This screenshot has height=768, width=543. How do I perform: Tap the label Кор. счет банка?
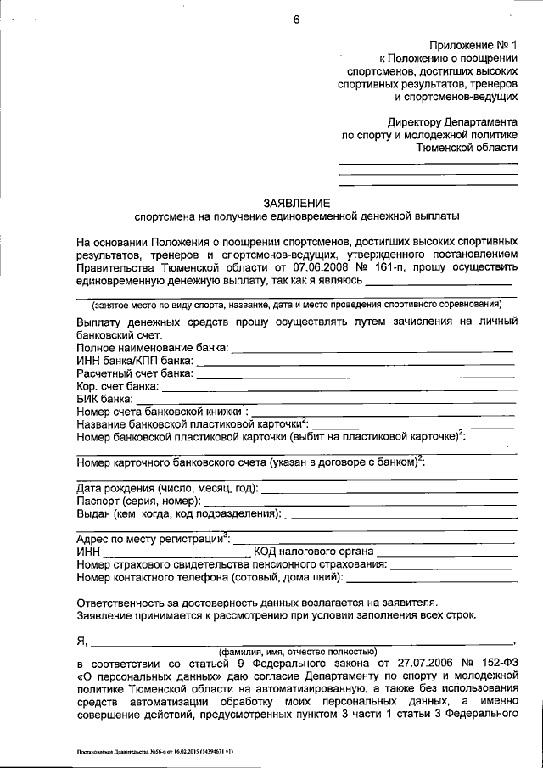point(116,386)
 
